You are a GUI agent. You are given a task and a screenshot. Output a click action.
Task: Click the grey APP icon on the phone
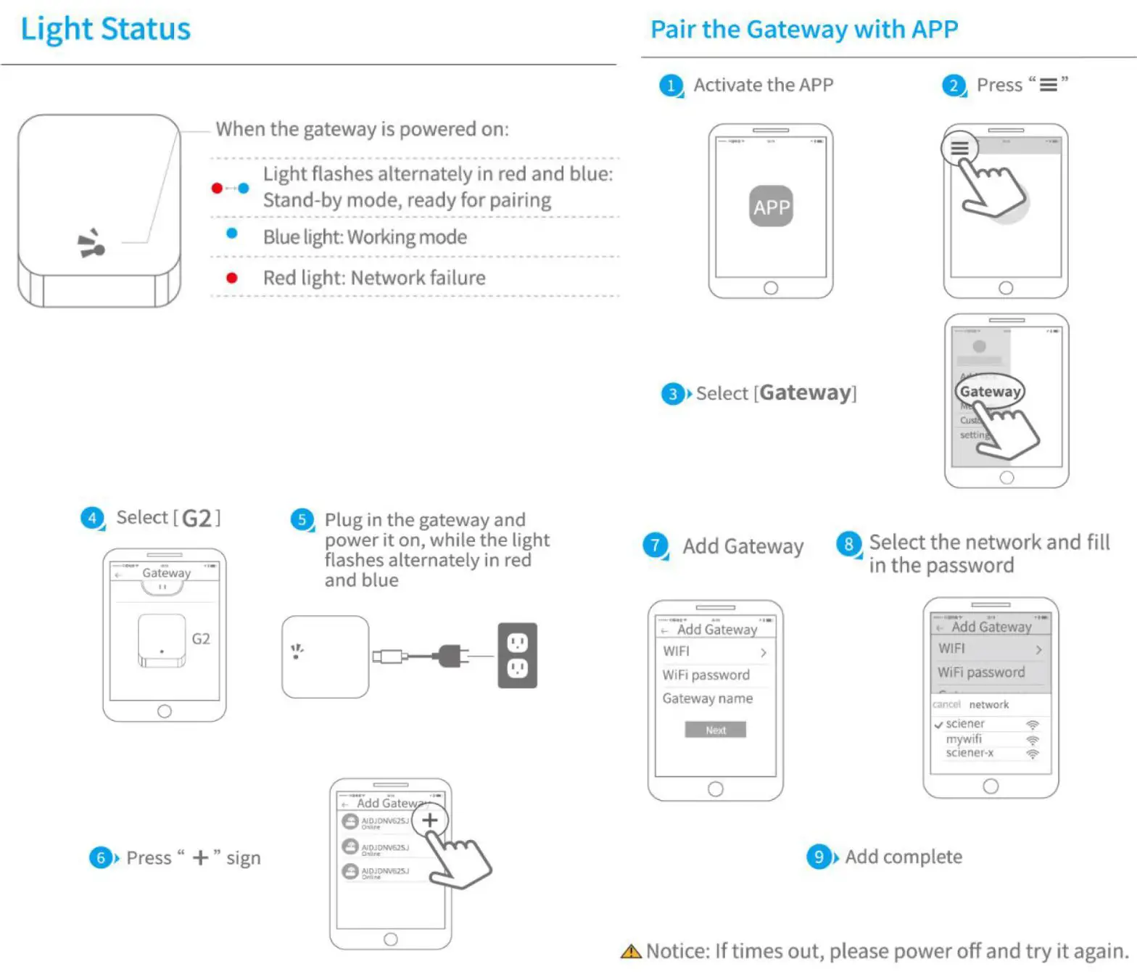coord(770,207)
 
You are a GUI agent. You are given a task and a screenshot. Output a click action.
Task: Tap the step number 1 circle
coord(671,86)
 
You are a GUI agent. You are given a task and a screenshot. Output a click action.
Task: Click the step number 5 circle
coord(302,519)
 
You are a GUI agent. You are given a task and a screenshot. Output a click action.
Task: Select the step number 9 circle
coord(818,857)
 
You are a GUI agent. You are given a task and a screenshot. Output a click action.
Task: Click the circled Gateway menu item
coord(990,392)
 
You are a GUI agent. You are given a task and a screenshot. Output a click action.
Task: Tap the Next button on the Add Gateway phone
coord(715,730)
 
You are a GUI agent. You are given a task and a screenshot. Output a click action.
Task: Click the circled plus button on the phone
coord(430,820)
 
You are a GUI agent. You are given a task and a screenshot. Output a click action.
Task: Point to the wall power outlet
coord(517,655)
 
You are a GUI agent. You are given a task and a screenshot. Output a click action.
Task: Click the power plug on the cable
coord(451,656)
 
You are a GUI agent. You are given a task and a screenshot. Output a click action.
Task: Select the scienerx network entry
coord(969,753)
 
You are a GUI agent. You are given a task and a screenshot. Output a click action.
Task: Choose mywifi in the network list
coord(964,739)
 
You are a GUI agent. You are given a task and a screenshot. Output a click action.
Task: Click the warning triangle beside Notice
coord(631,952)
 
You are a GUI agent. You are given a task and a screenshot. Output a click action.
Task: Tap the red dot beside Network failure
coord(232,278)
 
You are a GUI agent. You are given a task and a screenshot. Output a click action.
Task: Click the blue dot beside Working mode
coord(232,234)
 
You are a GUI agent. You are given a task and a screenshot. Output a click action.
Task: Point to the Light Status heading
coord(106,29)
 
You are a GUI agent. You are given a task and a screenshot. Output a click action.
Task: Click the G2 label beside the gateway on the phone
coord(201,639)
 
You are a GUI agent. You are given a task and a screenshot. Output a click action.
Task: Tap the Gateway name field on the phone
coord(707,699)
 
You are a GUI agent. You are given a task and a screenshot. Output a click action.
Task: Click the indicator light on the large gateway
coord(92,244)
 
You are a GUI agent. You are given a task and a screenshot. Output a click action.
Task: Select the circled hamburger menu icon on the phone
coord(959,149)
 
